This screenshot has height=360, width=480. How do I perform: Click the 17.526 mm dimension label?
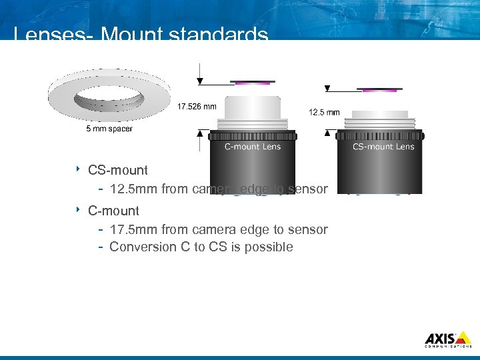[x=197, y=106]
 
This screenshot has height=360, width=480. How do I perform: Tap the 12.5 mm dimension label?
[x=325, y=112]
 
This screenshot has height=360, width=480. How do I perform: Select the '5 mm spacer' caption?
[x=109, y=129]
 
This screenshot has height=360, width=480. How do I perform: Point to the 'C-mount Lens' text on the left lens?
[x=252, y=147]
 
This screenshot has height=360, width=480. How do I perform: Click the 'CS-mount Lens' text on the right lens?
[x=383, y=147]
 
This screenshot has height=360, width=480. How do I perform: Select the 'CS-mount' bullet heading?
[x=118, y=170]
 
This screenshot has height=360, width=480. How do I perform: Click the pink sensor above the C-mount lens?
[x=252, y=83]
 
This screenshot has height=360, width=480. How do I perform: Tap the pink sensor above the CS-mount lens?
[x=380, y=89]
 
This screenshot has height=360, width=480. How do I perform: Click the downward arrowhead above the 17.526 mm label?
[x=200, y=81]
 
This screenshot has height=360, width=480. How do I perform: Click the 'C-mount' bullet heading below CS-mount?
[x=113, y=211]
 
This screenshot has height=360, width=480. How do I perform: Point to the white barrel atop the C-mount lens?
[x=252, y=107]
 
